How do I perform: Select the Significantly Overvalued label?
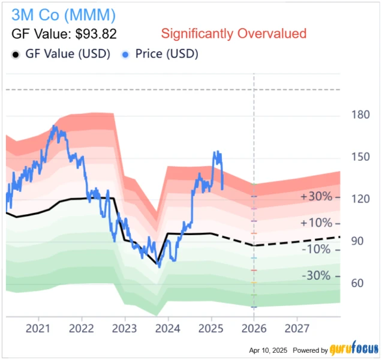234,34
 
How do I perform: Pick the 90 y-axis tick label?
357,241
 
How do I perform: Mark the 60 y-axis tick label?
357,283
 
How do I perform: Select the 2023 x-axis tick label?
125,328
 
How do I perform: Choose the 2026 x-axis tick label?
254,328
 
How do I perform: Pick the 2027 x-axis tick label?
297,328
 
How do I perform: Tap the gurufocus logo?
354,349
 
